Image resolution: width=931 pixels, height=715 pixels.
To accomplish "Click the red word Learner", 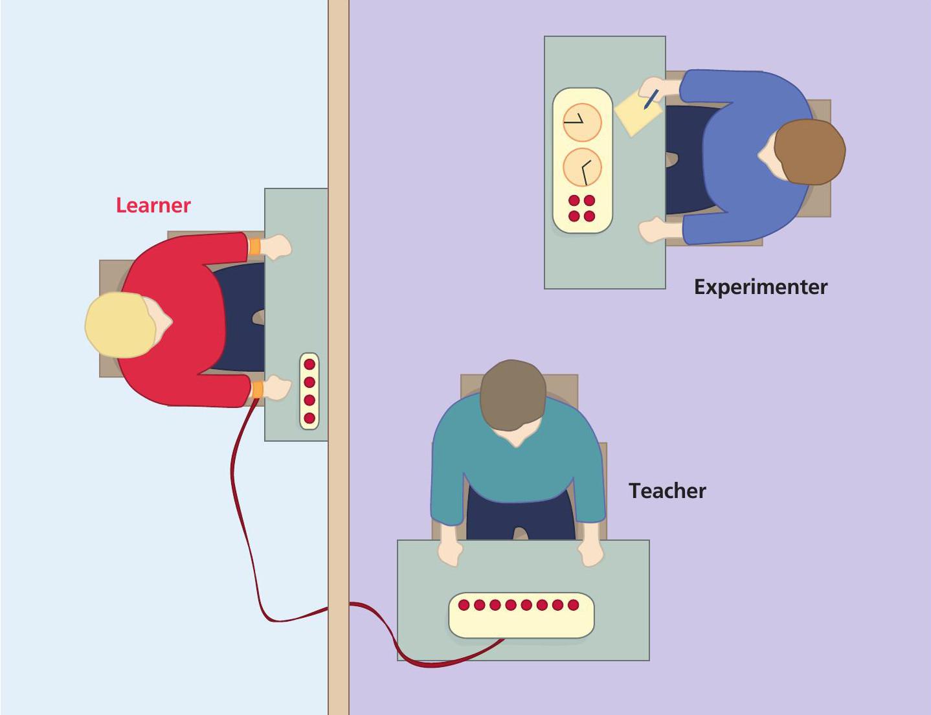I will (153, 205).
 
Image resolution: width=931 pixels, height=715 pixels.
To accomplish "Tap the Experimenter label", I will (760, 287).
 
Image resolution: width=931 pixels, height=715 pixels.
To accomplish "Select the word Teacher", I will (667, 491).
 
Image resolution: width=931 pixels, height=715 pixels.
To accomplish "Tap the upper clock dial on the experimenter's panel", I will (582, 122).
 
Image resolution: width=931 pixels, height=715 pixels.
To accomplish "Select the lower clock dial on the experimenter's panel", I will (582, 167).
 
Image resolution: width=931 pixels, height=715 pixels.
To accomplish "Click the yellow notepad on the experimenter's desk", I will (637, 111).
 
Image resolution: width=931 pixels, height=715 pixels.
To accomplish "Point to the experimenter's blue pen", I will (651, 99).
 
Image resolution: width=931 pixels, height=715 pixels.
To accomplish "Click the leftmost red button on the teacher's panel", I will (464, 605).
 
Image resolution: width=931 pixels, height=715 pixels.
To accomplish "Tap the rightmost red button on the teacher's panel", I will (573, 605).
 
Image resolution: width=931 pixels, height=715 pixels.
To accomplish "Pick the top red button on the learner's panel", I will (309, 365).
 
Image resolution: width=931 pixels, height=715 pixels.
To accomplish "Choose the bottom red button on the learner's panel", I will (309, 418).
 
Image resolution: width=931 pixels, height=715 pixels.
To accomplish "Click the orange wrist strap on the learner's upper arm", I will (254, 246).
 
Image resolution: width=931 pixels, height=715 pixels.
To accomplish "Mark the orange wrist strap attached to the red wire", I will (257, 389).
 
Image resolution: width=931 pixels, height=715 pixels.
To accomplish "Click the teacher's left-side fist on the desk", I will (451, 552).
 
